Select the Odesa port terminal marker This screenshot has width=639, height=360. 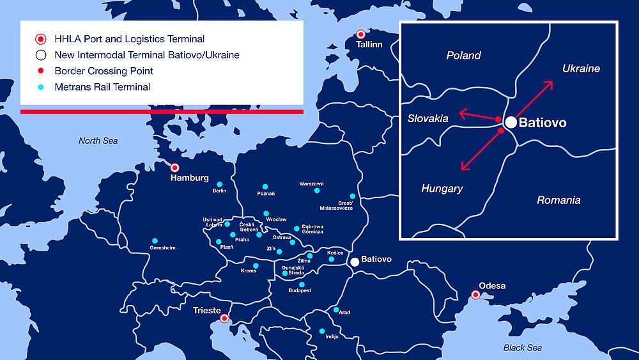(475, 295)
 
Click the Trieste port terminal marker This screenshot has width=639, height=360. (224, 318)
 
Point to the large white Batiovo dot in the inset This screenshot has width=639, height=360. (511, 122)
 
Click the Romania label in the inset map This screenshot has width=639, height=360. (558, 200)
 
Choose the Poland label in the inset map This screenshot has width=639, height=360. (463, 56)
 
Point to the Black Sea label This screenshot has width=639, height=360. (522, 347)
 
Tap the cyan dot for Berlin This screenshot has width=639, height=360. (219, 184)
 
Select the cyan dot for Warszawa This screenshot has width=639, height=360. (316, 191)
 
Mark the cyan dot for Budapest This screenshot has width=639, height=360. (302, 285)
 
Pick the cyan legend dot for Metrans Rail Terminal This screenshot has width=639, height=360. (40, 87)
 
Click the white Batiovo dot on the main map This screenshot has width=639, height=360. (355, 262)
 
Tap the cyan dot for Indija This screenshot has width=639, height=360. (322, 331)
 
